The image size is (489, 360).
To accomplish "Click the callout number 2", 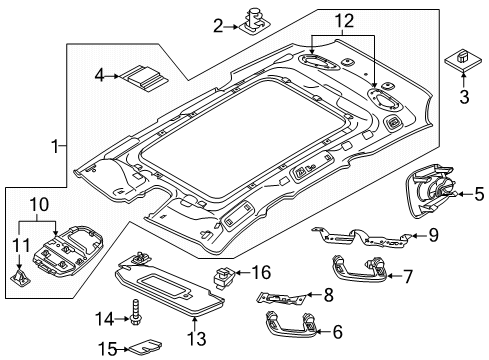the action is pos(218,26).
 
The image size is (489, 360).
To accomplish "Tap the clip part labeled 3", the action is pos(463,61).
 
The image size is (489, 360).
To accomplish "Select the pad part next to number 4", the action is pos(144,78).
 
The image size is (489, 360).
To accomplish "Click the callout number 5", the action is pos(479,194).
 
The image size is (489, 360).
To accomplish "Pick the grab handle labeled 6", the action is pos(292,324).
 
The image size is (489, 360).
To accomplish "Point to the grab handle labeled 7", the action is pos(360,269).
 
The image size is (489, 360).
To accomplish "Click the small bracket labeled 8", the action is pos(281,297).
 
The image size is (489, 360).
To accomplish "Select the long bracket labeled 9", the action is pos(362,236).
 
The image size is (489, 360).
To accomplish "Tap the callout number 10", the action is pos(39,205).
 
